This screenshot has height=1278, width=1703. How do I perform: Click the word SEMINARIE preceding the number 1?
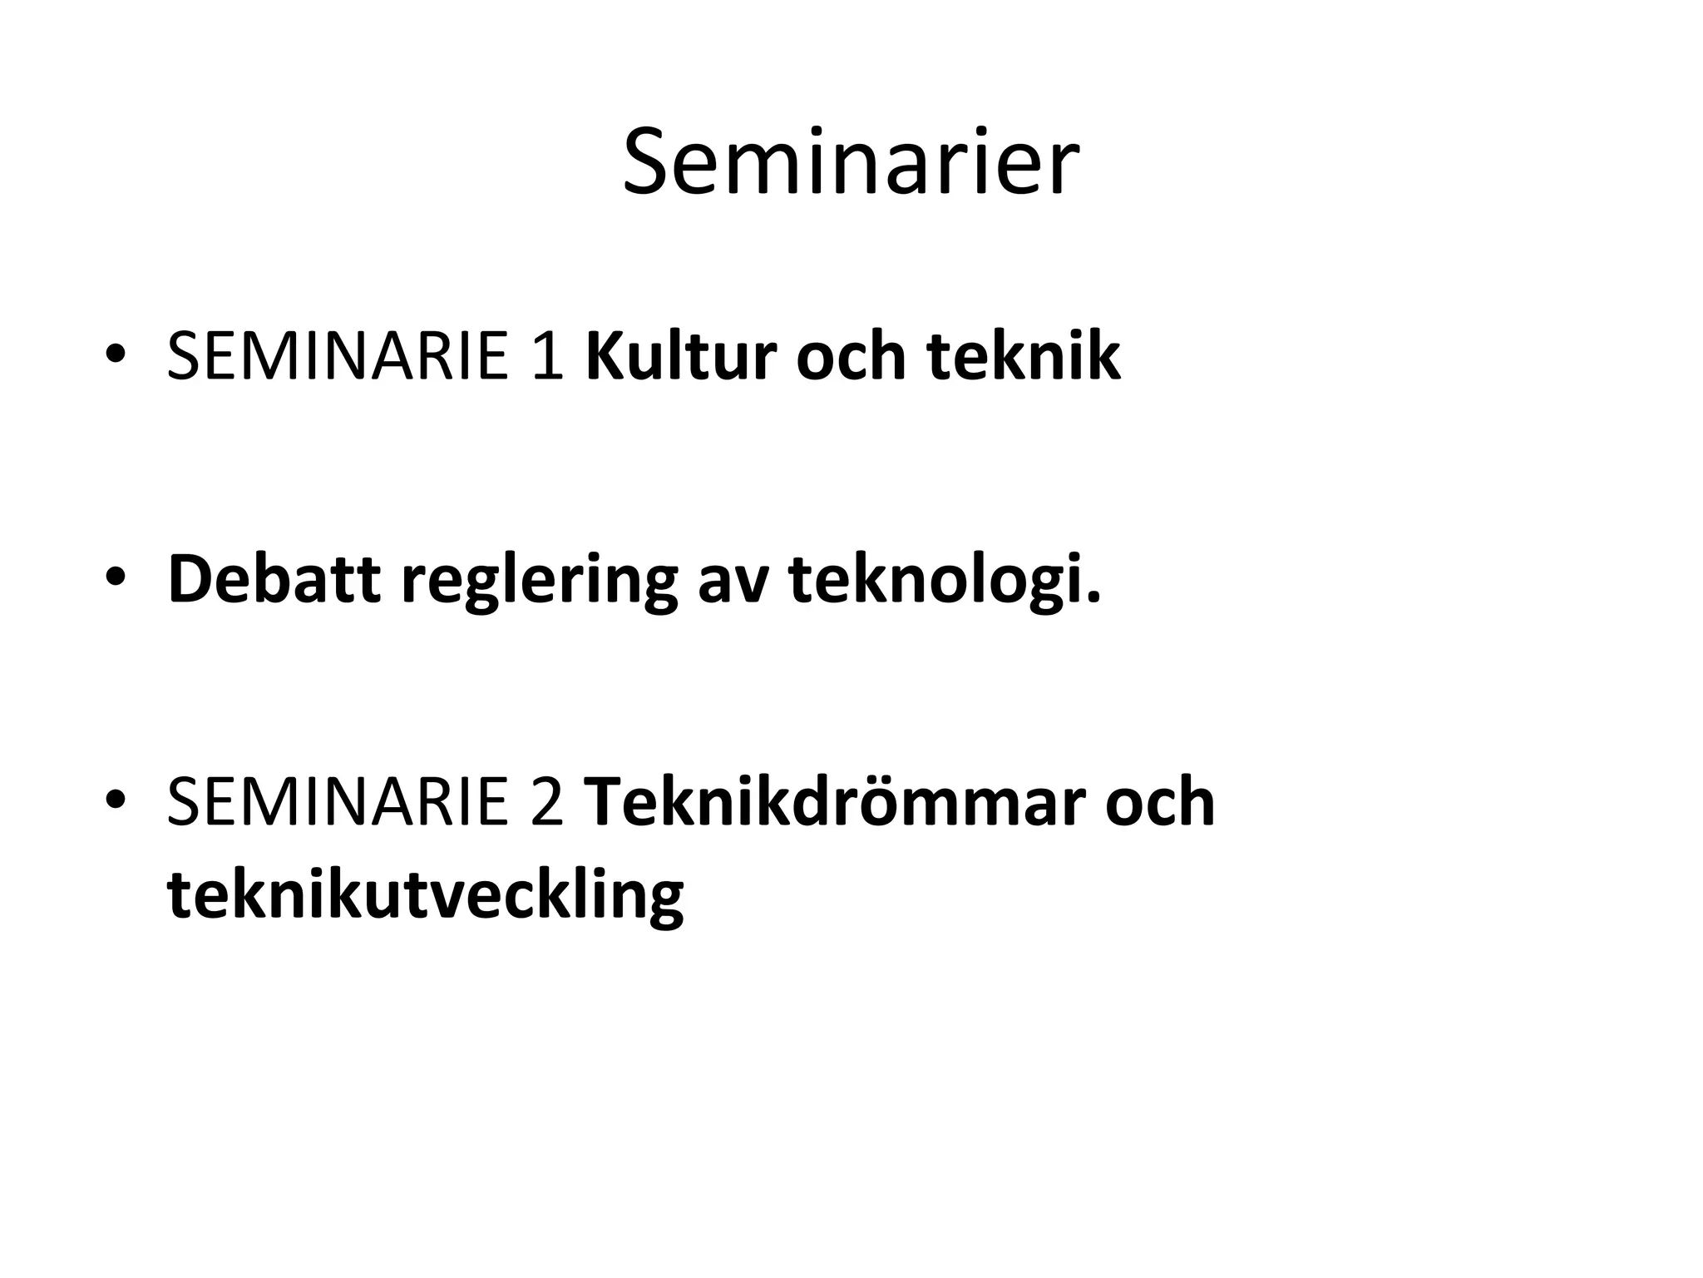[x=337, y=356]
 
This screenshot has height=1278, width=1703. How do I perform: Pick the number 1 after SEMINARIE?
[x=547, y=356]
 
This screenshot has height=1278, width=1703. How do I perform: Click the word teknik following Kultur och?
[x=1024, y=356]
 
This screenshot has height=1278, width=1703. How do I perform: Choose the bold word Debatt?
[x=274, y=579]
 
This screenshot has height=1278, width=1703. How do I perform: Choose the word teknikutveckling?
[x=425, y=895]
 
